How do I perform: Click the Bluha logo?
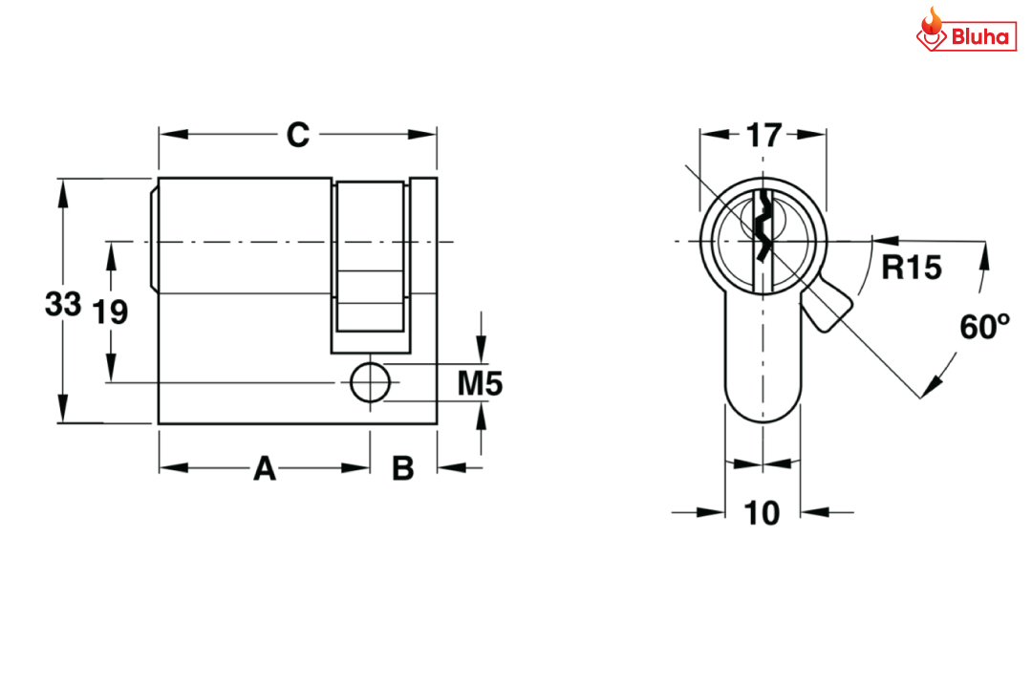(x=966, y=31)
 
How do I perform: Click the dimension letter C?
(x=297, y=135)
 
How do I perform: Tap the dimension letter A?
(x=265, y=469)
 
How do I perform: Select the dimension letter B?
(x=403, y=469)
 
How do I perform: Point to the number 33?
(x=63, y=304)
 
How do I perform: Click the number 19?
(x=110, y=312)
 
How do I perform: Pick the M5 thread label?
(x=480, y=383)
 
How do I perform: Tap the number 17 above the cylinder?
(x=763, y=135)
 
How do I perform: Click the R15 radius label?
(x=912, y=268)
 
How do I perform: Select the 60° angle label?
(x=984, y=327)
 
